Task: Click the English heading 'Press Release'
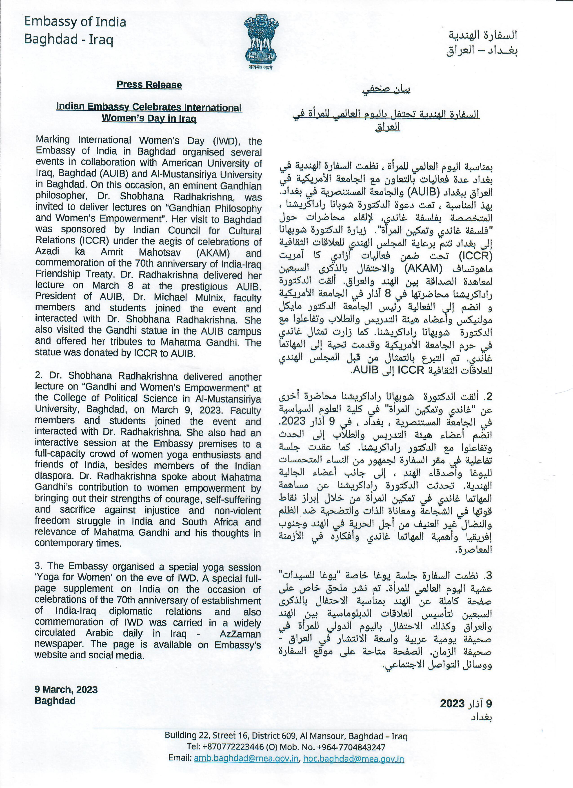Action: (x=149, y=85)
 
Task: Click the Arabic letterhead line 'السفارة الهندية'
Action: (x=482, y=35)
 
